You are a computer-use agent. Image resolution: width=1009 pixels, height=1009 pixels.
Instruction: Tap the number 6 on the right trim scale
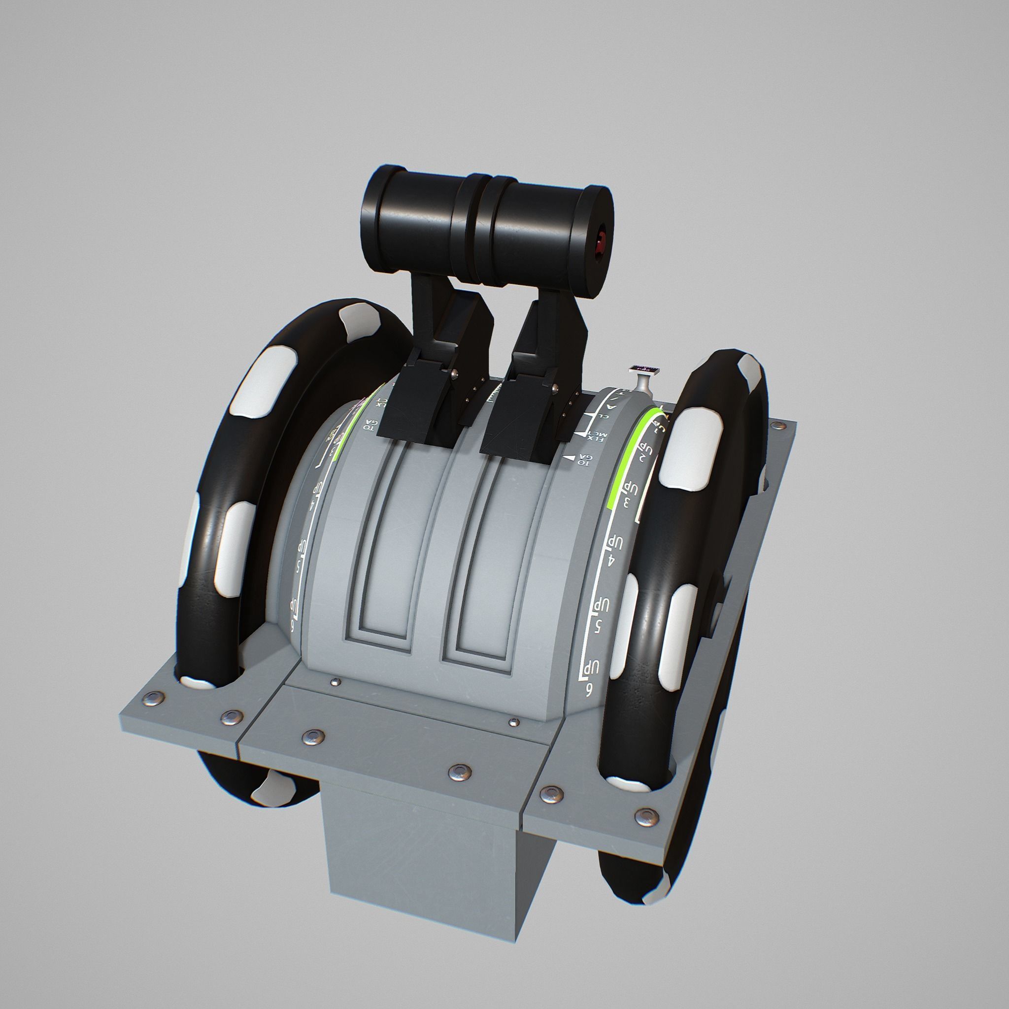click(589, 692)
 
